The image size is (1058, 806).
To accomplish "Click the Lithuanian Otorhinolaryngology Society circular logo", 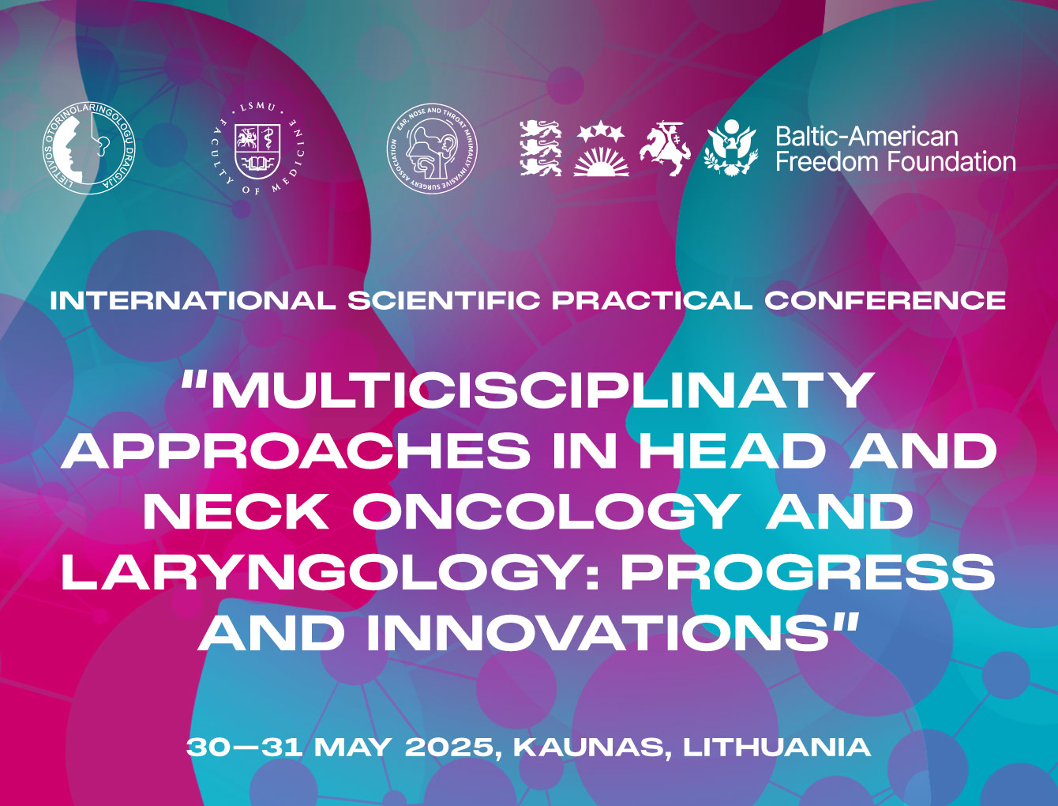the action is (88, 148).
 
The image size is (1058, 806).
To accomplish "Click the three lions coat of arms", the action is (541, 148).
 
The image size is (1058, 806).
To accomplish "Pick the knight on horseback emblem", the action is (665, 149).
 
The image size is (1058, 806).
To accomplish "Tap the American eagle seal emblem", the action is (732, 147).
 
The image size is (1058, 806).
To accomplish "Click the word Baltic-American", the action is (866, 137).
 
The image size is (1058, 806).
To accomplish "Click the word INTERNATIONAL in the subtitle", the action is (193, 300).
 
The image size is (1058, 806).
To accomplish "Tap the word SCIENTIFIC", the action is (444, 300).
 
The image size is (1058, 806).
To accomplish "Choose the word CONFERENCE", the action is (884, 300).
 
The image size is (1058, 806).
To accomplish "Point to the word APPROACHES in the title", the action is (295, 450).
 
